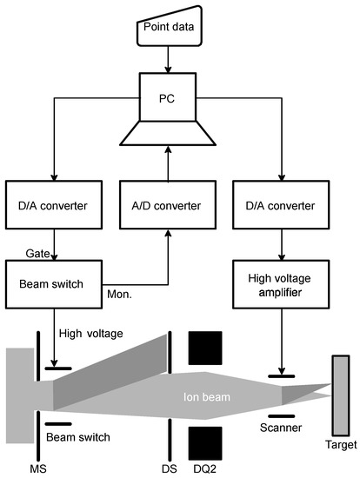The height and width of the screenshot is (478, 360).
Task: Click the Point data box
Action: click(170, 27)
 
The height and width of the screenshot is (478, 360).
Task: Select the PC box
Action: click(168, 97)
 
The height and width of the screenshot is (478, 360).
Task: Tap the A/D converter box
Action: click(168, 205)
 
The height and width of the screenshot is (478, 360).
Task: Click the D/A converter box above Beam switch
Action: click(54, 205)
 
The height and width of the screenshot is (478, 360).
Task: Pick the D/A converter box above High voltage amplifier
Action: click(281, 205)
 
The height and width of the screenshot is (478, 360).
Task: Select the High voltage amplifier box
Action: click(281, 284)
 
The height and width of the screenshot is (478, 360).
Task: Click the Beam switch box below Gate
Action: click(54, 284)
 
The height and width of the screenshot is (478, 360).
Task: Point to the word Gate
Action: click(37, 253)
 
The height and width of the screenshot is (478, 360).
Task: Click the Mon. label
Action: click(119, 294)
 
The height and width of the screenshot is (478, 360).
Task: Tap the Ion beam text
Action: click(207, 397)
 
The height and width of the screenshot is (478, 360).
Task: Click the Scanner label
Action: click(281, 428)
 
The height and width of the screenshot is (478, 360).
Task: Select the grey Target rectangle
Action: click(341, 395)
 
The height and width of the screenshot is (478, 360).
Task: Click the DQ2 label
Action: click(204, 468)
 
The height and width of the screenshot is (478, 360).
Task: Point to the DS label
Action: click(170, 468)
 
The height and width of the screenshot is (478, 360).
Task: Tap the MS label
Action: click(38, 468)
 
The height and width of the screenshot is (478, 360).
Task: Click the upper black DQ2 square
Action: click(205, 349)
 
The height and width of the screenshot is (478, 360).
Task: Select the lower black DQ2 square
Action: click(205, 443)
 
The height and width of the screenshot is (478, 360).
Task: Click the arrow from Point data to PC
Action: click(168, 60)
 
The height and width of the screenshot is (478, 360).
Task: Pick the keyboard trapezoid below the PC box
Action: click(168, 133)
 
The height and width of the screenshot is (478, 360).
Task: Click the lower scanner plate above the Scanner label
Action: click(282, 416)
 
